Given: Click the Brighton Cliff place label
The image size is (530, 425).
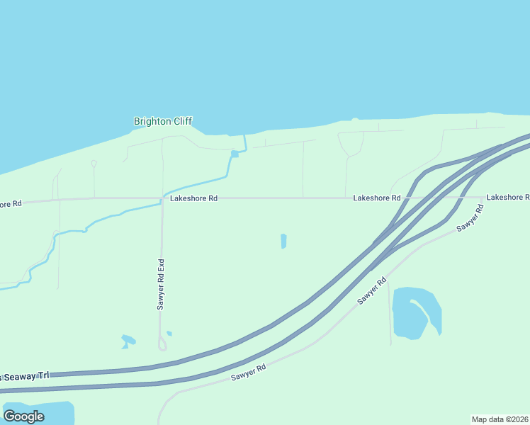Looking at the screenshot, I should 163,121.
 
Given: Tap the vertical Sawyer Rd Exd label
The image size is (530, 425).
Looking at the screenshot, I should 161,284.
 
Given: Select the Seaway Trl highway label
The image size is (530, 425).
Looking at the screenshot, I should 28,375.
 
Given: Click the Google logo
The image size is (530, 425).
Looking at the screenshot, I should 23,416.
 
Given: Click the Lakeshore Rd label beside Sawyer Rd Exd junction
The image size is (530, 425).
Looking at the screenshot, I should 193,199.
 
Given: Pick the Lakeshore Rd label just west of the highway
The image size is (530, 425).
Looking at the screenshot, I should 377,198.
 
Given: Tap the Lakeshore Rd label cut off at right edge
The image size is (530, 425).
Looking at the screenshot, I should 507,197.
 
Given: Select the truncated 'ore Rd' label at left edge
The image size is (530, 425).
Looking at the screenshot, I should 11,204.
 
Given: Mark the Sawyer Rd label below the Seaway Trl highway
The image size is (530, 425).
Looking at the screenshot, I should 248,373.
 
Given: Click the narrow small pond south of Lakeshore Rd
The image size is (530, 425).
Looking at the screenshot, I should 283,241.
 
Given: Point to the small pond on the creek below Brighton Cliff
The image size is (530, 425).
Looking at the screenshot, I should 235,154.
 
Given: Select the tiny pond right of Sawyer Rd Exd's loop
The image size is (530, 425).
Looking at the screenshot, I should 169,333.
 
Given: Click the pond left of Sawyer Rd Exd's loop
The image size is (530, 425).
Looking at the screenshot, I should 128,341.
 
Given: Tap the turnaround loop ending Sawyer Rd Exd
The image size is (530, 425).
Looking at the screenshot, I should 162,344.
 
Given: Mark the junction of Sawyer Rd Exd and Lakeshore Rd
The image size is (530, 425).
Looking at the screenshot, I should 162,199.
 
